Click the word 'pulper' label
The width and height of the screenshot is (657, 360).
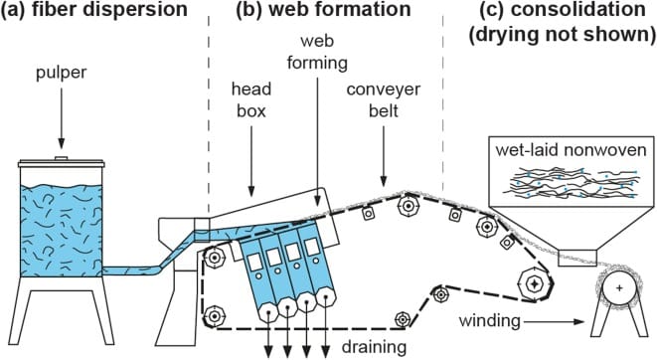click(x=62, y=73)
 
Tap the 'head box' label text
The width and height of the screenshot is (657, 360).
click(x=251, y=99)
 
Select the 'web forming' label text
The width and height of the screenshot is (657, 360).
click(x=317, y=52)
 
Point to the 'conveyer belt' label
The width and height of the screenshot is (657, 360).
click(x=384, y=99)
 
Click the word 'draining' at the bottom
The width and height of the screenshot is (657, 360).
click(x=374, y=347)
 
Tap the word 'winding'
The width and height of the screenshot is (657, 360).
click(x=489, y=321)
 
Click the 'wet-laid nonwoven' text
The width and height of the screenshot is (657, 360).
click(x=572, y=149)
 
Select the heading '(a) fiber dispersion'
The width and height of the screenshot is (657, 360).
click(x=93, y=10)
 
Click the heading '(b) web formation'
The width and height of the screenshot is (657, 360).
click(x=323, y=10)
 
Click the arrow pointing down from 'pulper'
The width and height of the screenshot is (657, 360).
click(x=62, y=118)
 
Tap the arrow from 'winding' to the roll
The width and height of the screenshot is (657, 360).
click(x=554, y=322)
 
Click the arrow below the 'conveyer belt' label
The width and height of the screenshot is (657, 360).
click(x=384, y=156)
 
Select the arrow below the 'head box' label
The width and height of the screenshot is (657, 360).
click(x=251, y=161)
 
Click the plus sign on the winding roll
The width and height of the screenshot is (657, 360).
click(x=619, y=288)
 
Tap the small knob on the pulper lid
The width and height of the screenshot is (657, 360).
click(x=62, y=158)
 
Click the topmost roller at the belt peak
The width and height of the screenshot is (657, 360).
click(x=407, y=205)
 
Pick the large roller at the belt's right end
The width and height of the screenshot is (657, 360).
click(x=534, y=284)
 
